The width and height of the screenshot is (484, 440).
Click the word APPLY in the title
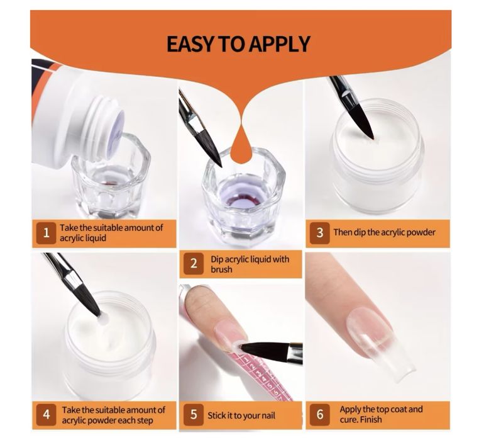(280, 44)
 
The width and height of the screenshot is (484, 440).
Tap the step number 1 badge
(47, 233)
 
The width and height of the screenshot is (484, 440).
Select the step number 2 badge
(194, 264)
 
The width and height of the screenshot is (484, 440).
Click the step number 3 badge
(320, 233)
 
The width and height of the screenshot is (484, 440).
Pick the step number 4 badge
(47, 414)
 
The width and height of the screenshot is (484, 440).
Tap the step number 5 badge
(194, 414)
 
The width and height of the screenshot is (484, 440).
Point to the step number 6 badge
(320, 414)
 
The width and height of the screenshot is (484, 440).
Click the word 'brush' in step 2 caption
(221, 269)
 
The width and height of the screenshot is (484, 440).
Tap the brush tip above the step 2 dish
(221, 166)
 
